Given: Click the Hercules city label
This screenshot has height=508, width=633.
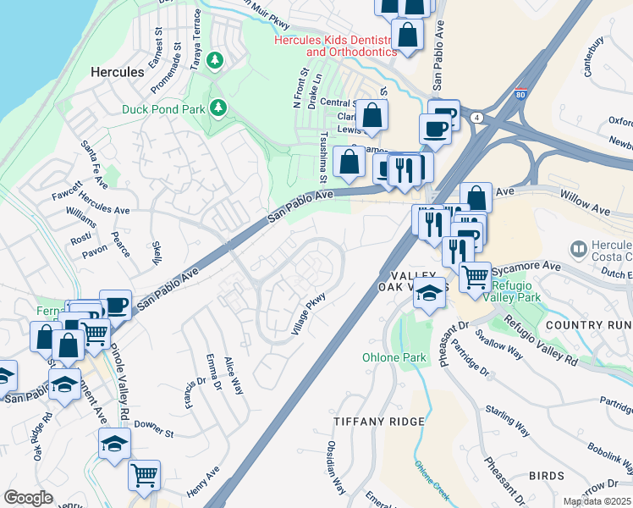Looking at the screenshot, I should click(x=117, y=73).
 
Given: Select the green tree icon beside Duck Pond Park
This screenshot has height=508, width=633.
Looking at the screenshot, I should click(x=219, y=108).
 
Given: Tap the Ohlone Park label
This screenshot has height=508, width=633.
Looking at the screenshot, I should click(x=394, y=357).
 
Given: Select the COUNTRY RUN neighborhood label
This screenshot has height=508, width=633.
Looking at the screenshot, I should click(x=589, y=325).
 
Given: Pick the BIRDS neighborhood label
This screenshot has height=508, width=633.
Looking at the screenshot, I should click(x=546, y=476).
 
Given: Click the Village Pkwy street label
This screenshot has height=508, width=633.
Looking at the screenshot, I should click(x=309, y=313).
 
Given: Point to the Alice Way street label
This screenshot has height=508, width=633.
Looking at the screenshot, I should click(x=234, y=377).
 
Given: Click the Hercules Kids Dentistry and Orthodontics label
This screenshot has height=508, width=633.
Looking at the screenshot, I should click(x=333, y=46).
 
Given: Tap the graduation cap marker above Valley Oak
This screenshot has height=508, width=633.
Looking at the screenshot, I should click(x=430, y=292).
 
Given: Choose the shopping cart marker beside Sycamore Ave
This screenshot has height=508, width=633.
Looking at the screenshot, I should click(x=476, y=274).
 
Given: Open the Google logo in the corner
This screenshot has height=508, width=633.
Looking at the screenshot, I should click(x=28, y=498).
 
